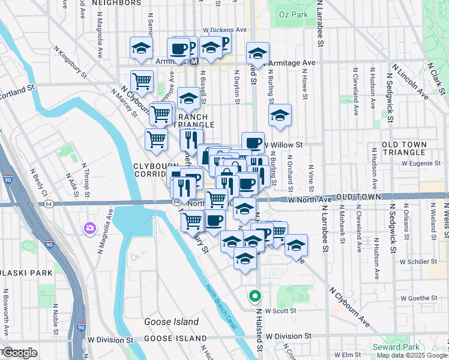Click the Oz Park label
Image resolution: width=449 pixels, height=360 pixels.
(x=291, y=14)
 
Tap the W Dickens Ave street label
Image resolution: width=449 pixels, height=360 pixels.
(x=224, y=29)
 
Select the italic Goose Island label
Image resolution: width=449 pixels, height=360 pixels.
(x=171, y=322)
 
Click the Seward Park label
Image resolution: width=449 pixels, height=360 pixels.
(x=396, y=347)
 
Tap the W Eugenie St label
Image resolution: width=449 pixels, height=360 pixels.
(x=421, y=163)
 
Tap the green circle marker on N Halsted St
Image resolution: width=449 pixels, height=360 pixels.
(x=255, y=296)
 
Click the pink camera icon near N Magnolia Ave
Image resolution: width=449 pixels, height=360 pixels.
(x=90, y=229)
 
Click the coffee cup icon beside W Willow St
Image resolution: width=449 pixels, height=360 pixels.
(x=253, y=142)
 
